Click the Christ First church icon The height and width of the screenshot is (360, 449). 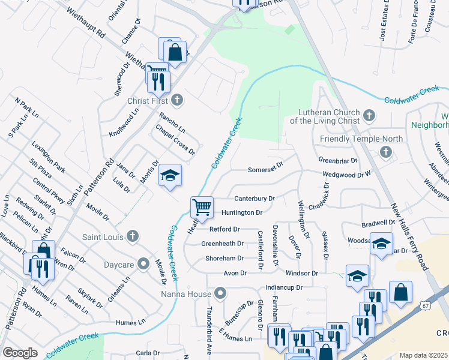pos(176,100)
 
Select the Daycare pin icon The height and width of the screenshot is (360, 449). pos(143,263)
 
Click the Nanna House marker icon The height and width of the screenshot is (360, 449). pos(221,293)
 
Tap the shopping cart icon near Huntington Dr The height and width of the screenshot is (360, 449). pos(202,208)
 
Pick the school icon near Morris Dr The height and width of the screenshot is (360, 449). pos(170,175)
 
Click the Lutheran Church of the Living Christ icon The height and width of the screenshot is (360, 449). pos(369,114)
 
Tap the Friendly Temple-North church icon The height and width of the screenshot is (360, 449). pos(385,153)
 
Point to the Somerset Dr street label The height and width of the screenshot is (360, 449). pos(265,170)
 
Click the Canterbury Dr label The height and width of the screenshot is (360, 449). pos(255,198)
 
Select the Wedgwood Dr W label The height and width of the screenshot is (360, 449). pos(348,175)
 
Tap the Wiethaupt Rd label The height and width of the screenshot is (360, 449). pos(86,23)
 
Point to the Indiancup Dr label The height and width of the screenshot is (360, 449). pos(284,288)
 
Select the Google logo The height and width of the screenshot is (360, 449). pos(20,353)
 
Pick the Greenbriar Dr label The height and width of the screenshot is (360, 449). pos(338,161)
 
